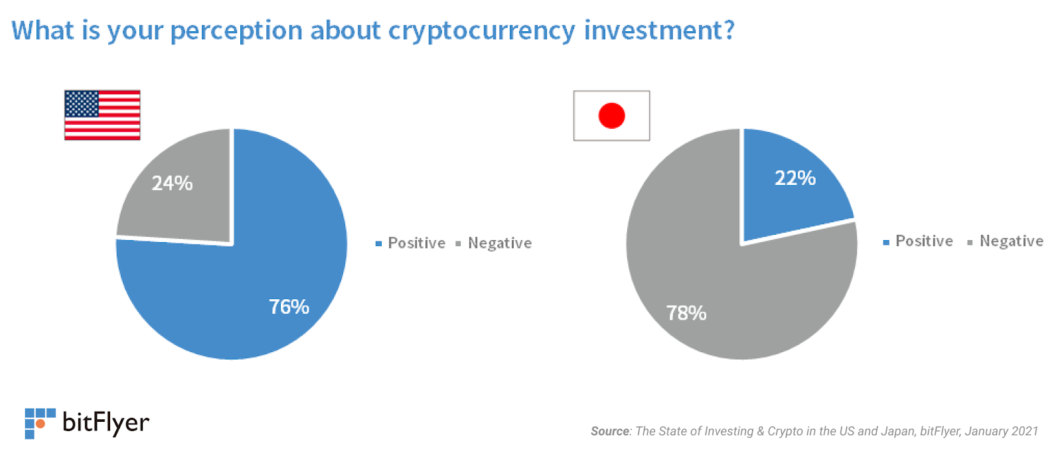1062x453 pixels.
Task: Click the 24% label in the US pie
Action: coord(172,183)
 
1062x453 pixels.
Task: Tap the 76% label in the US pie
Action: coord(289,306)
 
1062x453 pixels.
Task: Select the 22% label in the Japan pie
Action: coord(795,178)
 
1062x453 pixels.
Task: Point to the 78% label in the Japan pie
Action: coord(686,313)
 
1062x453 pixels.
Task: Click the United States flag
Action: coord(102,115)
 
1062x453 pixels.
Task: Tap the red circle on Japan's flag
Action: coord(611,115)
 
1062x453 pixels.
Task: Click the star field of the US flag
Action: coord(82,103)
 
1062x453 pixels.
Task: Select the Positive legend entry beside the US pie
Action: coord(411,243)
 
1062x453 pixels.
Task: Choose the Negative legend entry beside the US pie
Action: coord(494,243)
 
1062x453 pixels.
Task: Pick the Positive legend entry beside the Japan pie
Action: coord(918,241)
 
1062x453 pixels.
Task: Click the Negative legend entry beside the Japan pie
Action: coord(1006,241)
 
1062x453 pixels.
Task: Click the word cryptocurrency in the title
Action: coord(481,31)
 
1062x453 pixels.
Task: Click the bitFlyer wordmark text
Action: coord(106,422)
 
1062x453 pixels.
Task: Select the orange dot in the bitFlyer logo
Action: coord(40,424)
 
